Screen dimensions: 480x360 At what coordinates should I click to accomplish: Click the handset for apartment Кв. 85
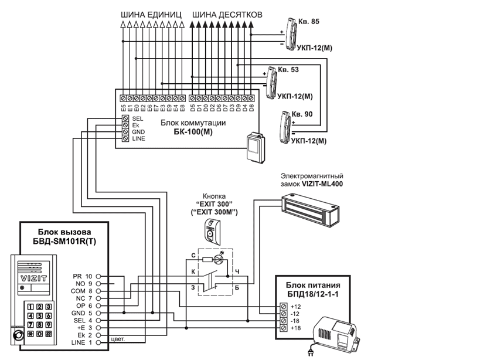[291, 34]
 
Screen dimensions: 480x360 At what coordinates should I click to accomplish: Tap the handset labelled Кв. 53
[271, 83]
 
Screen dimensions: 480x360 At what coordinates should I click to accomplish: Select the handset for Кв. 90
[285, 127]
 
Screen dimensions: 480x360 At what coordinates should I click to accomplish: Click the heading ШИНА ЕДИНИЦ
[151, 15]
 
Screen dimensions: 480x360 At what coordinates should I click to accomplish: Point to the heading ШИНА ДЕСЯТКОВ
[227, 15]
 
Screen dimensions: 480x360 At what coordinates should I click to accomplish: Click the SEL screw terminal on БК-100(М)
[125, 118]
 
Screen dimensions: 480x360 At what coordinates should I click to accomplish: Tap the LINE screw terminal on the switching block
[125, 138]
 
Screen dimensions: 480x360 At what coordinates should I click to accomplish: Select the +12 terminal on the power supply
[284, 307]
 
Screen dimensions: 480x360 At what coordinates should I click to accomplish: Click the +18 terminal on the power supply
[284, 328]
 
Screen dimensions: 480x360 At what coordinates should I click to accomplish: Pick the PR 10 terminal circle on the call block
[98, 276]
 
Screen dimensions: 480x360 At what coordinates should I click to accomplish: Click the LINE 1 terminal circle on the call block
[98, 342]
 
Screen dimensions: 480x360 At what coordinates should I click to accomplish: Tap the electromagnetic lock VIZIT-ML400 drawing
[311, 210]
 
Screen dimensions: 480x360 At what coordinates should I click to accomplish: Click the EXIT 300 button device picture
[212, 232]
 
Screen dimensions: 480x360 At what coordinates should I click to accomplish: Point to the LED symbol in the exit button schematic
[218, 260]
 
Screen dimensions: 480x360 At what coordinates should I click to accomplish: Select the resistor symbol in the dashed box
[207, 260]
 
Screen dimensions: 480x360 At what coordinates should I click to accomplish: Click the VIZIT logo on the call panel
[33, 279]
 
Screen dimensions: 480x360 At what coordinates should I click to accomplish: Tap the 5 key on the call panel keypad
[39, 316]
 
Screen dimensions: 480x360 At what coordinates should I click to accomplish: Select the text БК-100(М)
[193, 132]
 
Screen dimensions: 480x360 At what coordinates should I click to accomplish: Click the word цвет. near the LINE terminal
[118, 339]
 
